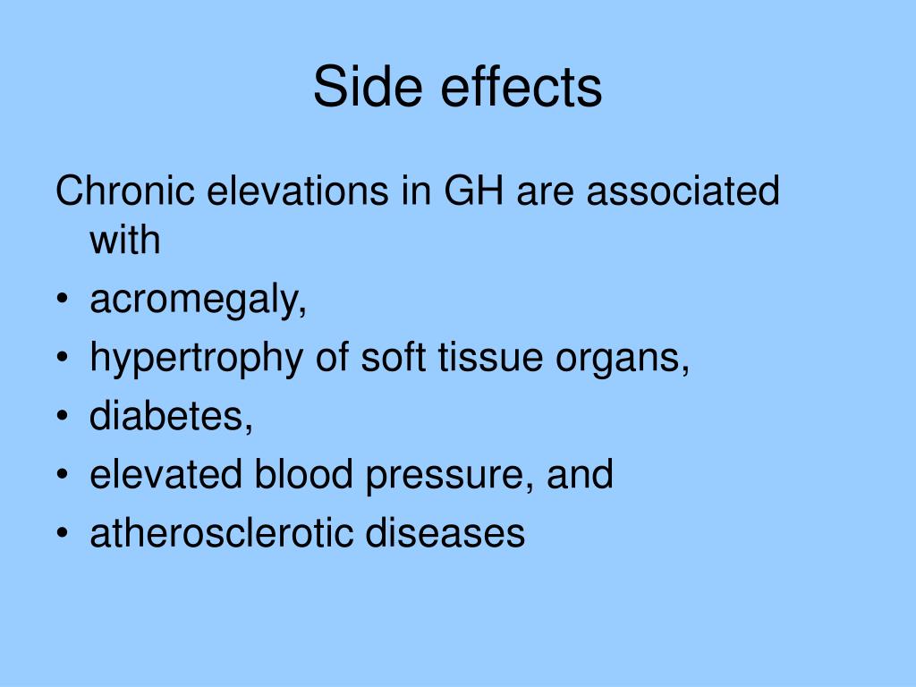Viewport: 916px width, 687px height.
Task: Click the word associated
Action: pos(685,191)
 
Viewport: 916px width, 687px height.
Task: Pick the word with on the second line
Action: pos(125,241)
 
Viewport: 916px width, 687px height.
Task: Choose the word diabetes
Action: pos(170,417)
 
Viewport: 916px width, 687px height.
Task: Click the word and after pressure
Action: pos(581,475)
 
